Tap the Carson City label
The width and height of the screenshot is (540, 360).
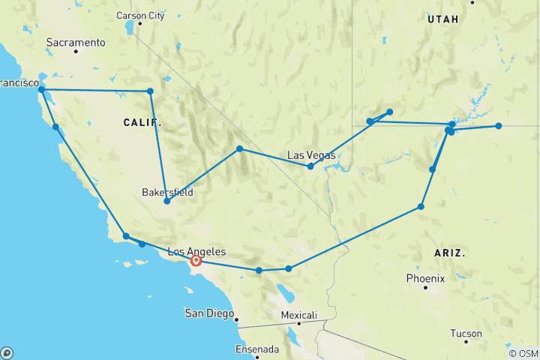[141, 15]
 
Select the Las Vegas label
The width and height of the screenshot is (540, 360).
[311, 155]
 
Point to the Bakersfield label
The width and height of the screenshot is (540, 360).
[167, 192]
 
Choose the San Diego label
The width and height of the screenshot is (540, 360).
[208, 312]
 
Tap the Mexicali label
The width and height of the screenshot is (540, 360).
[298, 314]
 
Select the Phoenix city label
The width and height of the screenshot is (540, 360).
[425, 278]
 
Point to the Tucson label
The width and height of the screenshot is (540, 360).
[466, 333]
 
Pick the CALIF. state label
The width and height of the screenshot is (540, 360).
[142, 121]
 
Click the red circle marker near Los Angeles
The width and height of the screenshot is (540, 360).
[196, 260]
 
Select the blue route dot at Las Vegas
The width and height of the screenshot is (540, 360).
[310, 166]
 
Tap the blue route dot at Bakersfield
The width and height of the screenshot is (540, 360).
[166, 201]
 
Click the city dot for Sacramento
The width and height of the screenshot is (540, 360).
[76, 51]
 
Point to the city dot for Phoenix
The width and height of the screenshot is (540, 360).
[424, 287]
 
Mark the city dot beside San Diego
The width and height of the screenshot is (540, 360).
[237, 320]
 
